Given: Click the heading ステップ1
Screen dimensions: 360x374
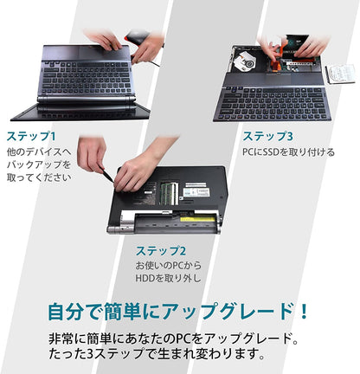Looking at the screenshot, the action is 31,136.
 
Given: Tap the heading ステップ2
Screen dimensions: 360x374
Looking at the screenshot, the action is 161,251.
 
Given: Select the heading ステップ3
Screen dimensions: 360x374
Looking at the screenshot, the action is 267,136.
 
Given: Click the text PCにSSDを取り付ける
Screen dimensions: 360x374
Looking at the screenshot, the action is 288,152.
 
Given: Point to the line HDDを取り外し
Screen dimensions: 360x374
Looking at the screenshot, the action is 168,278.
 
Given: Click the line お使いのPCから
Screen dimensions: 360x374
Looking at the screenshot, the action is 169,265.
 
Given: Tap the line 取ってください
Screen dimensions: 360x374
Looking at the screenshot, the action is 39,177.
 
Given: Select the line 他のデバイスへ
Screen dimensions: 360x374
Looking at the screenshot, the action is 39,152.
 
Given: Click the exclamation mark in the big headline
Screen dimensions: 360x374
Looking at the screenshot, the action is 304,311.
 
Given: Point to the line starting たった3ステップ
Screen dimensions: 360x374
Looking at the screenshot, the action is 157,353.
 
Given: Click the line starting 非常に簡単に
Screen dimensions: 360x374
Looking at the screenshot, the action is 173,339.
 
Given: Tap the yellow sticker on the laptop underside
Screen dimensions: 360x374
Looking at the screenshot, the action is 197,219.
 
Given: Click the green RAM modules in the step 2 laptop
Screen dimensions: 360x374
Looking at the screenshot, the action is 169,193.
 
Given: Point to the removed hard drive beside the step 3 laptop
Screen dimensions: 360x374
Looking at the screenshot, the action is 340,74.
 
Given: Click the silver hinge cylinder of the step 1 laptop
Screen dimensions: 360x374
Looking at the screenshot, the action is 87,100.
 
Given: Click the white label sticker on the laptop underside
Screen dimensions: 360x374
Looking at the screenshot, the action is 196,190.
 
